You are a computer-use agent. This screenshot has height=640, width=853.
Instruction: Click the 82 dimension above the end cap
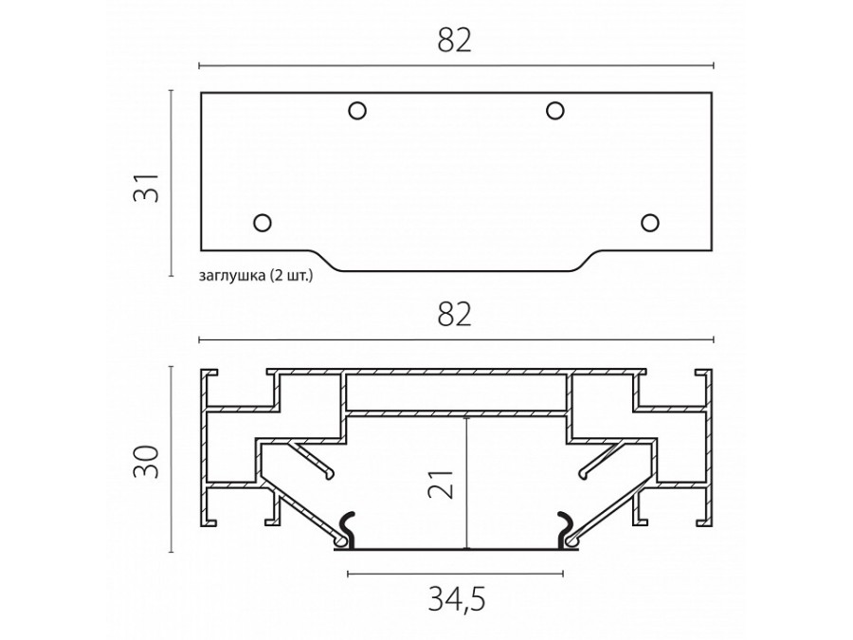(x=455, y=40)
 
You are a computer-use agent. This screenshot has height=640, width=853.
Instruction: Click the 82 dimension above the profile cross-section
(x=455, y=315)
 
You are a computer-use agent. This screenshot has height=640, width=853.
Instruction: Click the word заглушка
(x=232, y=276)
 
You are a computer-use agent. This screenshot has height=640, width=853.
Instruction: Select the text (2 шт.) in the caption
(x=290, y=276)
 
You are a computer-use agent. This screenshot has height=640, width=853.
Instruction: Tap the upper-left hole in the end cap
(x=357, y=111)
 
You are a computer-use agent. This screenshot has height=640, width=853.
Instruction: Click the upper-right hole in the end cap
(x=555, y=111)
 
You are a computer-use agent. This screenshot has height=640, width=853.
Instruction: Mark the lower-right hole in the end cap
(x=649, y=222)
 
